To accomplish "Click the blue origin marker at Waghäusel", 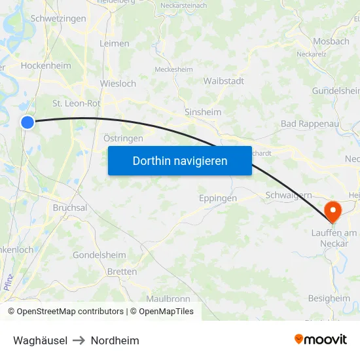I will click(27, 122).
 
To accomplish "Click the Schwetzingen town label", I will click(58, 19).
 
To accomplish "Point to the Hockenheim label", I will click(46, 65).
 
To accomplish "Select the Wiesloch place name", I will click(118, 84).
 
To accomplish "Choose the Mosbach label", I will click(331, 41).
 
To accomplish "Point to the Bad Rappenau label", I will click(306, 124).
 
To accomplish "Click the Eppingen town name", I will click(217, 198).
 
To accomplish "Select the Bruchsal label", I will click(70, 207).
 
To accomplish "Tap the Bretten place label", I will click(122, 272).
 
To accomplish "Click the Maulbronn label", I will click(155, 298).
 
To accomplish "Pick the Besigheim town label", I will click(329, 298).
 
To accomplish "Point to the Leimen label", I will click(114, 43).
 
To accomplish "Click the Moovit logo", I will click(320, 340).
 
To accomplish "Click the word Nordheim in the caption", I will click(115, 340).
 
